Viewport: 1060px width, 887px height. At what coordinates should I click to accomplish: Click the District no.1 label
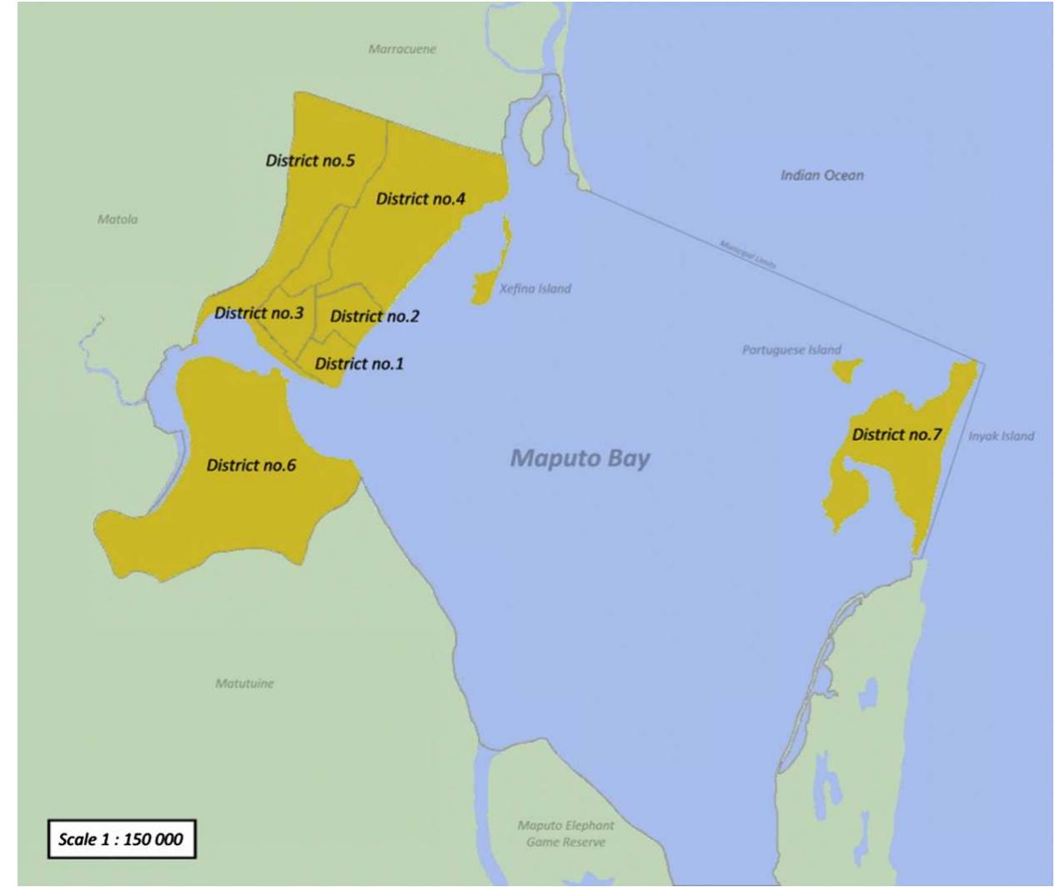coord(359,363)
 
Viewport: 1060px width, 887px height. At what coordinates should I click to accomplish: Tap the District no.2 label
coord(374,316)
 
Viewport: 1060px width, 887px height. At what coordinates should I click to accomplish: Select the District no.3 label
coord(259,313)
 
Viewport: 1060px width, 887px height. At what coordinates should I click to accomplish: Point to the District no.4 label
coord(420,199)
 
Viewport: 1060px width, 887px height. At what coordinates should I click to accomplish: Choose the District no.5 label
coord(309,160)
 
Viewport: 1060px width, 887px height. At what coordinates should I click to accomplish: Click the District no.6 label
coord(251,465)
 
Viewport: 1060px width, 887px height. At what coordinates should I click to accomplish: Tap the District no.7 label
coord(897,434)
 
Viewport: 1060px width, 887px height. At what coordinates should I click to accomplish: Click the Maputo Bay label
coord(580,458)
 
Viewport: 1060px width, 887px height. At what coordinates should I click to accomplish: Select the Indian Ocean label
coord(821,175)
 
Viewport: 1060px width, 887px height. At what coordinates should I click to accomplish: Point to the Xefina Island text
coord(535,289)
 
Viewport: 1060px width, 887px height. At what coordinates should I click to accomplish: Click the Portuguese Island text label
coord(791,350)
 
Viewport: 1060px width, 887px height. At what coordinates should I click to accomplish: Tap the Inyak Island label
coord(1001,436)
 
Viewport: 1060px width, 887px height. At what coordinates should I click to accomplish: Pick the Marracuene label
coord(402,49)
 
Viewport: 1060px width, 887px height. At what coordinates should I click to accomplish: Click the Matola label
coord(118,219)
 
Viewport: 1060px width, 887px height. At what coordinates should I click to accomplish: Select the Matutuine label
coord(244,684)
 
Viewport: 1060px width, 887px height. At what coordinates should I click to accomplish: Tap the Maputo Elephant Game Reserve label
coord(565,834)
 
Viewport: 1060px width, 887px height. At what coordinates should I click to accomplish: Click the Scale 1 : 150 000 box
coord(120,839)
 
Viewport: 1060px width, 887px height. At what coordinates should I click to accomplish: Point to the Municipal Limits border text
coord(748,253)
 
